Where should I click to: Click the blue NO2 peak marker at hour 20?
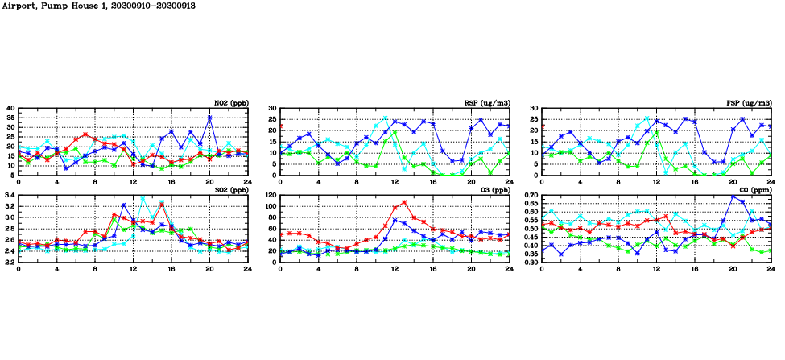(209, 118)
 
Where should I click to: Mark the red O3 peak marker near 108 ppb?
(404, 202)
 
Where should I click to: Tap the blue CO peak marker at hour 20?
(733, 197)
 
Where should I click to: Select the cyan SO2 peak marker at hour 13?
(143, 197)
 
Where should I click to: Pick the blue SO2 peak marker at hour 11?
(123, 205)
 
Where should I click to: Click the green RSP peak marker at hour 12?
(395, 130)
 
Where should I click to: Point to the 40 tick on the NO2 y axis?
(10, 108)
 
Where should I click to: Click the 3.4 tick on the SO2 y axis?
(10, 195)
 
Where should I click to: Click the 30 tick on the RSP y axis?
(273, 108)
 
